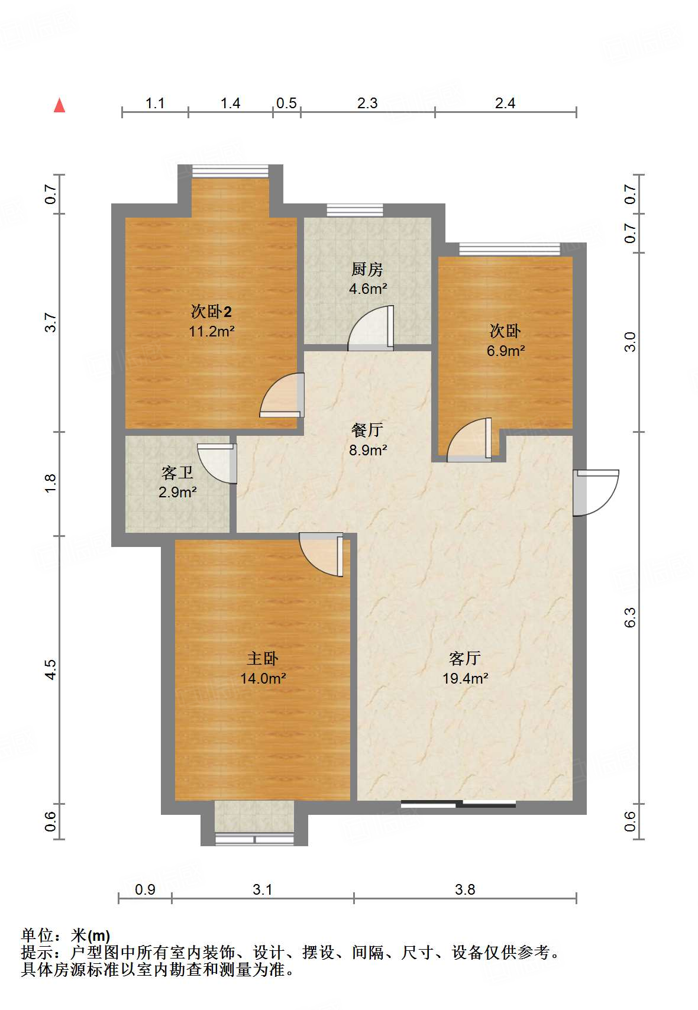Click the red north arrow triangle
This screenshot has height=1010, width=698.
(60, 105)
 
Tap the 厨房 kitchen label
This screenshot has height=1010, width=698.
(367, 269)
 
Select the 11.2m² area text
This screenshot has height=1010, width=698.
(212, 331)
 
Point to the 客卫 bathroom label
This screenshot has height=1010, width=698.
(177, 472)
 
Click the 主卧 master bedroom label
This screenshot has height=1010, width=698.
(263, 659)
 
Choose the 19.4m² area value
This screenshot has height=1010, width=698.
(466, 678)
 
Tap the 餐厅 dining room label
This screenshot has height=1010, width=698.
(367, 430)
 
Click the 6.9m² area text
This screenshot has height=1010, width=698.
(506, 350)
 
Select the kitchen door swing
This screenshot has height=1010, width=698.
(371, 328)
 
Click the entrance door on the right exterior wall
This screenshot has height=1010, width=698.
(596, 493)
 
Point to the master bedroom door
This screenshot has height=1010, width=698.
(321, 555)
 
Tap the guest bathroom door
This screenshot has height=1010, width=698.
(217, 464)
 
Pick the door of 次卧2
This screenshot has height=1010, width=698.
(282, 395)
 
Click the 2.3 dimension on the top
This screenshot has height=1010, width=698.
(367, 103)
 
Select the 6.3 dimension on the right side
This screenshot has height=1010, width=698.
(630, 617)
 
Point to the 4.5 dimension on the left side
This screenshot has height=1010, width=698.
(50, 669)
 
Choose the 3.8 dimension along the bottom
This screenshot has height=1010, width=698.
(465, 889)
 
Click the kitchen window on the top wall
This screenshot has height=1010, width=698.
(355, 210)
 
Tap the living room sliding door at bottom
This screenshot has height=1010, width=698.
(458, 803)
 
